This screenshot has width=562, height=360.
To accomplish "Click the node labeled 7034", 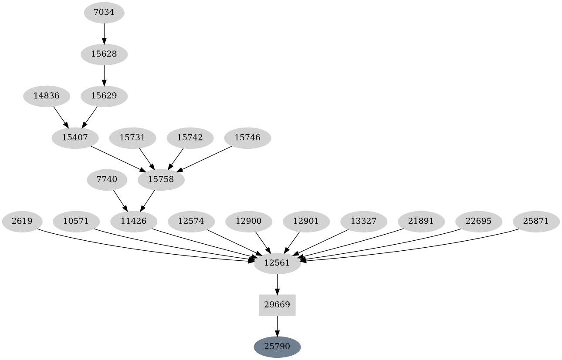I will (104, 12).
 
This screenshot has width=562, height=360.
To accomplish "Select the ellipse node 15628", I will (104, 54).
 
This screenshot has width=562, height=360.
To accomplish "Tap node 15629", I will (104, 96).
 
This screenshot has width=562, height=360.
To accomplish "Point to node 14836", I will (46, 96).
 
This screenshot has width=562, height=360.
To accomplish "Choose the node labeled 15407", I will (75, 138).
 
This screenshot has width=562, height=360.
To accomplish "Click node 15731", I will (132, 138).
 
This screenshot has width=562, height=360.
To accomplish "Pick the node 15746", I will (247, 138).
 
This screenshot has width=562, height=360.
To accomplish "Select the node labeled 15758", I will (161, 179).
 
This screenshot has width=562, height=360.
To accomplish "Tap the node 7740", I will (107, 179).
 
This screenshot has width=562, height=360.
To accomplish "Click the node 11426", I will (133, 221).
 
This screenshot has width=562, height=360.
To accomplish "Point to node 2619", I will (22, 221).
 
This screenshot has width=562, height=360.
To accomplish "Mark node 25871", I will (536, 221).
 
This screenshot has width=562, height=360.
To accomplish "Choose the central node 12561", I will (277, 263).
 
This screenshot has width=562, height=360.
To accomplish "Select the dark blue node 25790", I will (277, 347).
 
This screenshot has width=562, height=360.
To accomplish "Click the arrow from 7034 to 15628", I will (104, 33).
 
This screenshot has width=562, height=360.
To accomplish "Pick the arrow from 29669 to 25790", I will (277, 326).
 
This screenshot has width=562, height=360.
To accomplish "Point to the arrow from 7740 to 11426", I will (120, 200).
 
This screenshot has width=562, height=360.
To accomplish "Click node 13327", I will (363, 221).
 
